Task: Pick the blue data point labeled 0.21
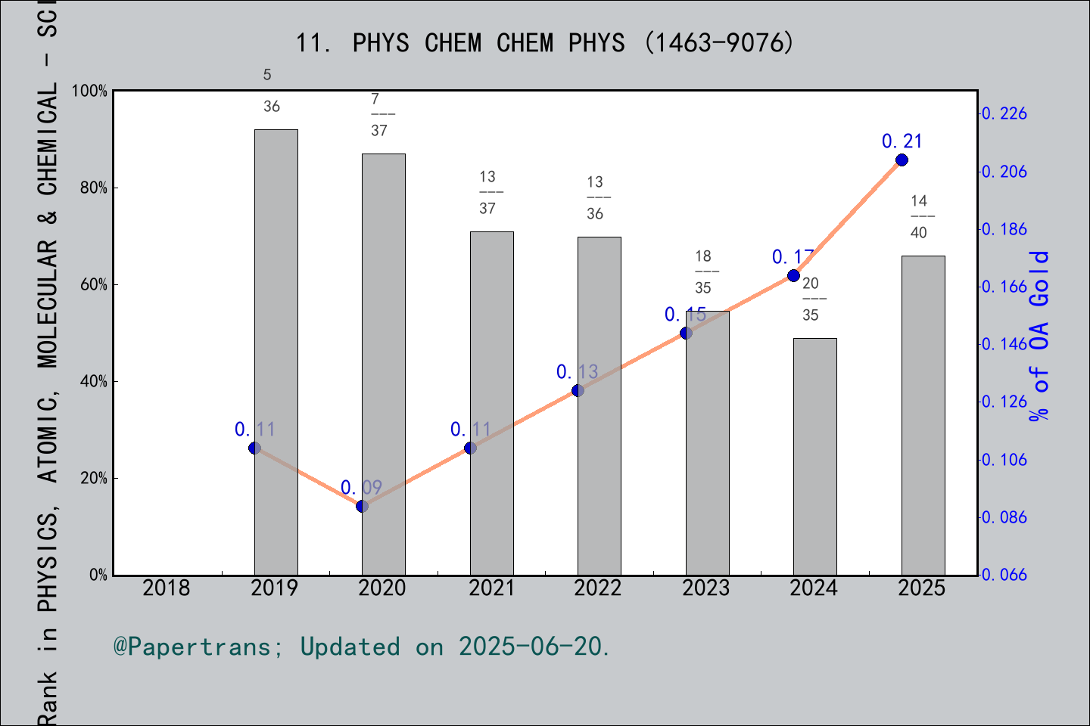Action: [902, 160]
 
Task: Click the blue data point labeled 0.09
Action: [362, 506]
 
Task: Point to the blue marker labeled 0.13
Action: [578, 390]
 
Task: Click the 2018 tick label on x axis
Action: [167, 588]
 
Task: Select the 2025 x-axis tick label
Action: [922, 588]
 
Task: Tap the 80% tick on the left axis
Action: [94, 188]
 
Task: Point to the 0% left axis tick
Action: [98, 575]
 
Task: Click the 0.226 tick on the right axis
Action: [1004, 113]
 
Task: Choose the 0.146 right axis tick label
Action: [1004, 344]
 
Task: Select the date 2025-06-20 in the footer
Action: [533, 647]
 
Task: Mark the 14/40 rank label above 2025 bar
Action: [919, 216]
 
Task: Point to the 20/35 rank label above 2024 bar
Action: [811, 299]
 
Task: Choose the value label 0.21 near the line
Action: [902, 141]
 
